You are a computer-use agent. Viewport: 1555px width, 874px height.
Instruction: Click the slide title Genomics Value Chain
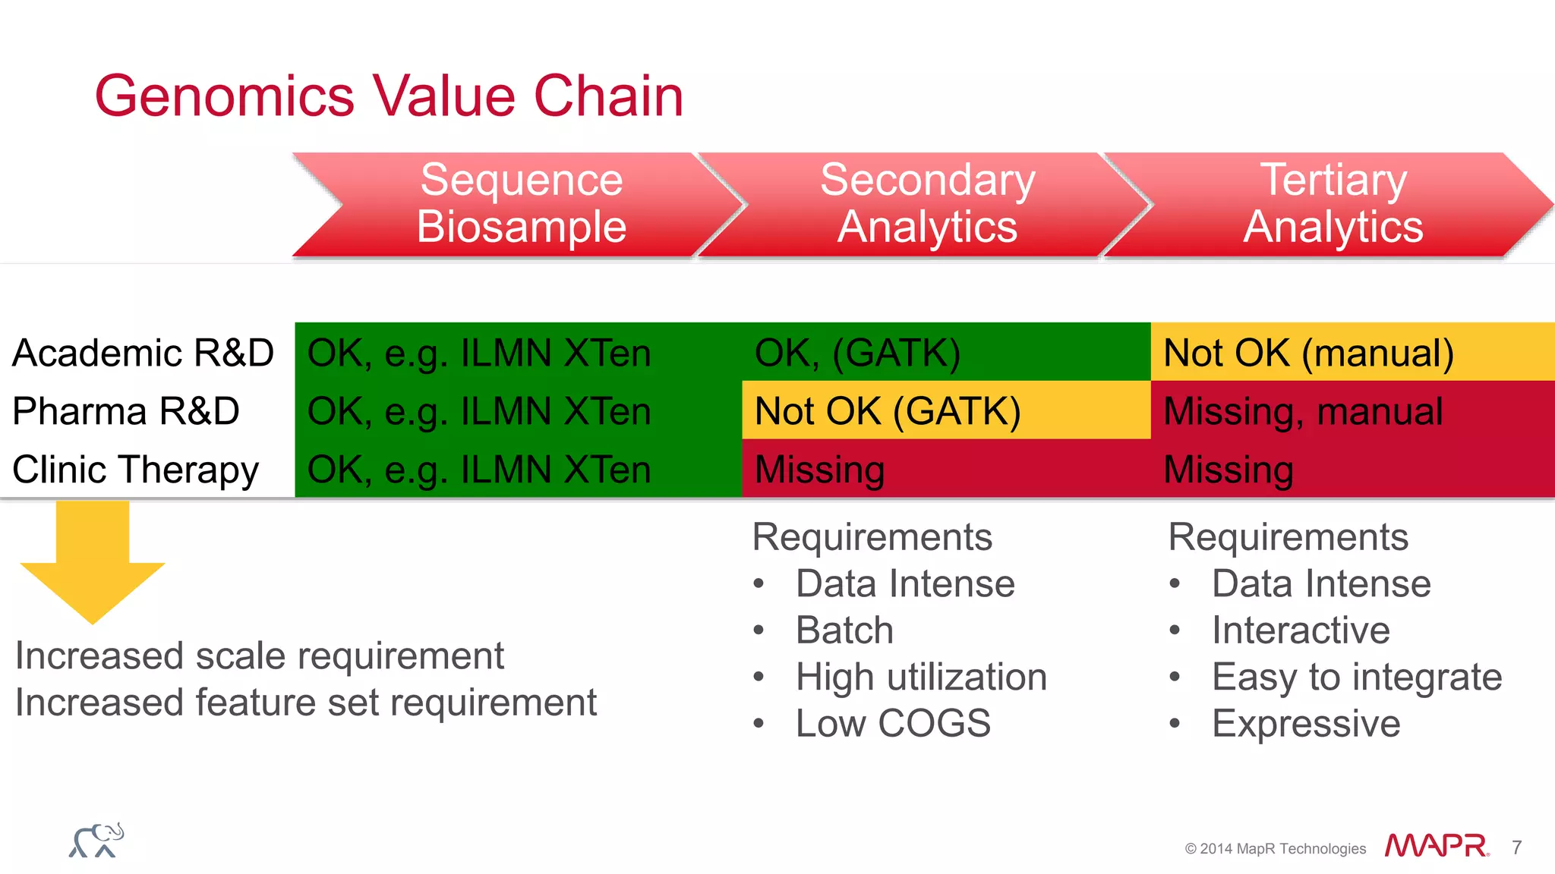click(389, 96)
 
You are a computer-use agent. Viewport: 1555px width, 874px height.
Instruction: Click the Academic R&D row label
click(143, 353)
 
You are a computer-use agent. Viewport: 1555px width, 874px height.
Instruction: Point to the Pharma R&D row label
click(126, 411)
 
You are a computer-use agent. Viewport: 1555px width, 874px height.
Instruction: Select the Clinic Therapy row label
click(135, 470)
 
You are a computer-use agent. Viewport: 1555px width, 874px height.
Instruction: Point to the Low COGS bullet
click(893, 723)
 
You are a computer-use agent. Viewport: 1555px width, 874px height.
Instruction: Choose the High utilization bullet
click(921, 677)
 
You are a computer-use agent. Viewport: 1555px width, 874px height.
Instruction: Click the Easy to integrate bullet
click(1356, 677)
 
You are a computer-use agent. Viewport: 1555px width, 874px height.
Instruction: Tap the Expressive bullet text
click(1306, 723)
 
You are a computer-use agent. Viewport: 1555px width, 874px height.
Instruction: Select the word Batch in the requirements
click(844, 630)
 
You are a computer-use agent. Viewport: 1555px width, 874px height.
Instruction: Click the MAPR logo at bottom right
click(1436, 846)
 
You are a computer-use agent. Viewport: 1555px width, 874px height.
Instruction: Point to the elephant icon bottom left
click(96, 841)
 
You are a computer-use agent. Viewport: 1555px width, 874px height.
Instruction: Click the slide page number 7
click(1516, 847)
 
